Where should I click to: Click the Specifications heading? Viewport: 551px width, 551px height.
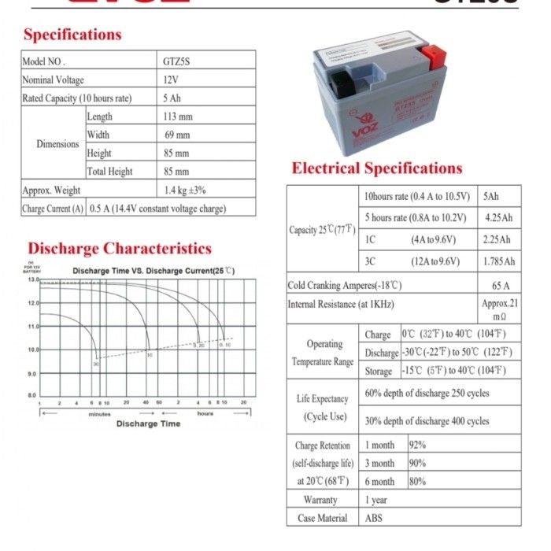pos(72,35)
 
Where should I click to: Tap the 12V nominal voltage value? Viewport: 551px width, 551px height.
pos(171,80)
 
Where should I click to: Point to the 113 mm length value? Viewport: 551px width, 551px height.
pos(178,116)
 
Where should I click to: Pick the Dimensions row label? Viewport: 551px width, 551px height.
pos(57,144)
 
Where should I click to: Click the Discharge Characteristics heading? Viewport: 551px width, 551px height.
pos(119,249)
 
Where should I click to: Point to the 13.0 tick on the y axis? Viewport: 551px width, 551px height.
pos(32,280)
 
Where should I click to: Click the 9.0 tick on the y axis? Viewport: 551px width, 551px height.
pos(32,373)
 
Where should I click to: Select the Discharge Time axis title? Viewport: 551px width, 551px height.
pos(148,423)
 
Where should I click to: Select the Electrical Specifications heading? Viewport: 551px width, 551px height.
pos(377,168)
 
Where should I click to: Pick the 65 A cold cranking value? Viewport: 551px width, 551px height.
pos(501,285)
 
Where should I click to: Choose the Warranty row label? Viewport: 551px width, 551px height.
pos(320,500)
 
